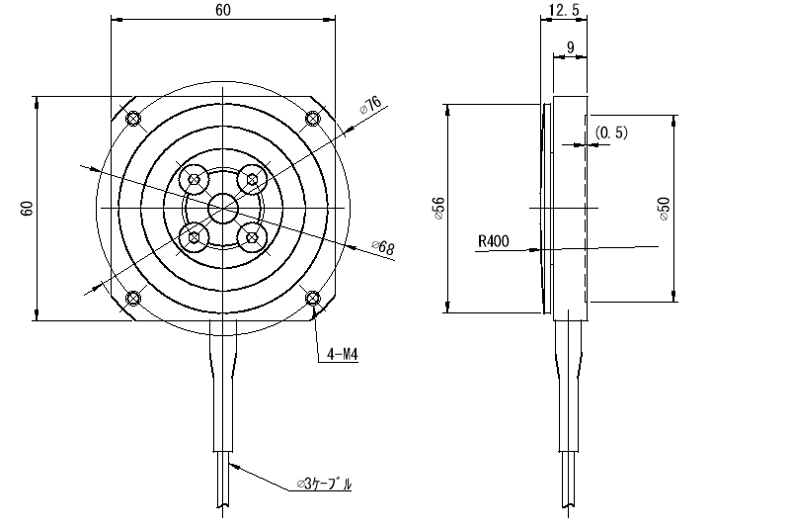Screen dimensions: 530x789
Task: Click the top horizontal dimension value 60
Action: tap(223, 10)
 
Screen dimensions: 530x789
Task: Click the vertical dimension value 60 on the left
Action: tap(27, 208)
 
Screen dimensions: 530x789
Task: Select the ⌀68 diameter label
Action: tap(383, 247)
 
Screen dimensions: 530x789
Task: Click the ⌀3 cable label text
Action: tap(324, 485)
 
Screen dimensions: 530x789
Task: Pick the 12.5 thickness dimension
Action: tap(562, 10)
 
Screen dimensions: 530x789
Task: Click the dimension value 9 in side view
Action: tap(570, 47)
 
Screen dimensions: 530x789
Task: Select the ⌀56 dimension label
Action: tap(438, 208)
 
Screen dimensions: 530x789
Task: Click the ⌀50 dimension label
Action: tap(664, 208)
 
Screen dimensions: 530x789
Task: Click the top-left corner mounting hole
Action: tap(133, 120)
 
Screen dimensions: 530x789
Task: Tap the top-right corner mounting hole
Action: tap(313, 120)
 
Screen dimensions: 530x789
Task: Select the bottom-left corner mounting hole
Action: tap(133, 299)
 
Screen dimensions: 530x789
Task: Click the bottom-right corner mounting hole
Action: tap(313, 299)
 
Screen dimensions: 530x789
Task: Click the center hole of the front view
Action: tap(223, 208)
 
